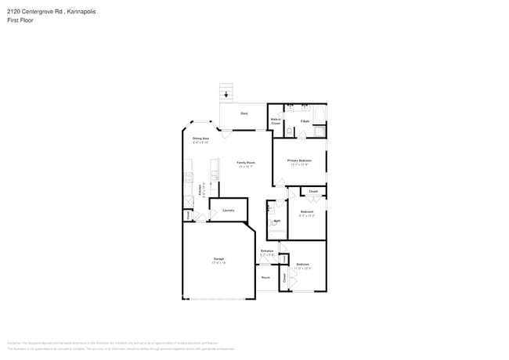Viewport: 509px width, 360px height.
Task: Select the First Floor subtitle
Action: coord(20,20)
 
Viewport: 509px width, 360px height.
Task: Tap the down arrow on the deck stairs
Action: coord(227,95)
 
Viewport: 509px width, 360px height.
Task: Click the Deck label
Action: coord(244,114)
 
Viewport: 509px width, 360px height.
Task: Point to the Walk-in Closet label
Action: coord(276,122)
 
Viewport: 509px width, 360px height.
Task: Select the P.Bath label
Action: coord(305,121)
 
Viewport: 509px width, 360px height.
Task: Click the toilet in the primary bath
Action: coord(290,131)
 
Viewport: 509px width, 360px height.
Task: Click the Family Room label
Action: coord(246,164)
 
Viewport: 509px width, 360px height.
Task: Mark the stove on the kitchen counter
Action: coord(189,178)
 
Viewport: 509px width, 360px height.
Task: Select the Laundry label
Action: coord(229,210)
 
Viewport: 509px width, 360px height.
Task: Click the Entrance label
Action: coord(267,252)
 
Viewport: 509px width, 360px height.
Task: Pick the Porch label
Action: coord(265,277)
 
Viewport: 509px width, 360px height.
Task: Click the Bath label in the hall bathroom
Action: coord(277,221)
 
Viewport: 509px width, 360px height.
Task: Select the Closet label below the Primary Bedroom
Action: coord(312,191)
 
